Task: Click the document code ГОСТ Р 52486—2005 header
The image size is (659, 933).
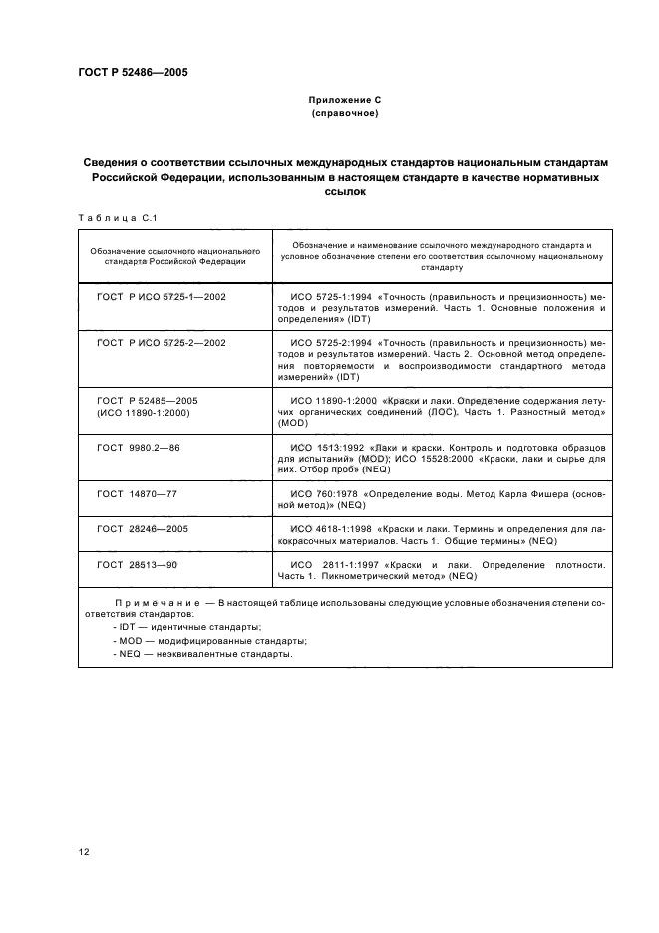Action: [133, 73]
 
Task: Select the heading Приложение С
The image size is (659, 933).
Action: [343, 101]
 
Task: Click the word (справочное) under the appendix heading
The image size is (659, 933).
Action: [343, 114]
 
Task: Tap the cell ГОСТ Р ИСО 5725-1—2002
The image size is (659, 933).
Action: [161, 297]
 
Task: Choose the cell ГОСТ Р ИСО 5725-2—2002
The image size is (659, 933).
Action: [161, 342]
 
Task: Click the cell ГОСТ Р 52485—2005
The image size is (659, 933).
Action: [148, 399]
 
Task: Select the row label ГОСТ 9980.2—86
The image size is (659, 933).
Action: [138, 448]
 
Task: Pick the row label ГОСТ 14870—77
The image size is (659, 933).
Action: [137, 493]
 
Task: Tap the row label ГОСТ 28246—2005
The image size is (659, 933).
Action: [142, 528]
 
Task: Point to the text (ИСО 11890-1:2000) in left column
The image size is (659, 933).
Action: [143, 412]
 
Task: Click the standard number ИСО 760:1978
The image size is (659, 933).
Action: [323, 493]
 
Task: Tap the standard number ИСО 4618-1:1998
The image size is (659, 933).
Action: [328, 528]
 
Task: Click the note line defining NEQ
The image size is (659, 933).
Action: [202, 654]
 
